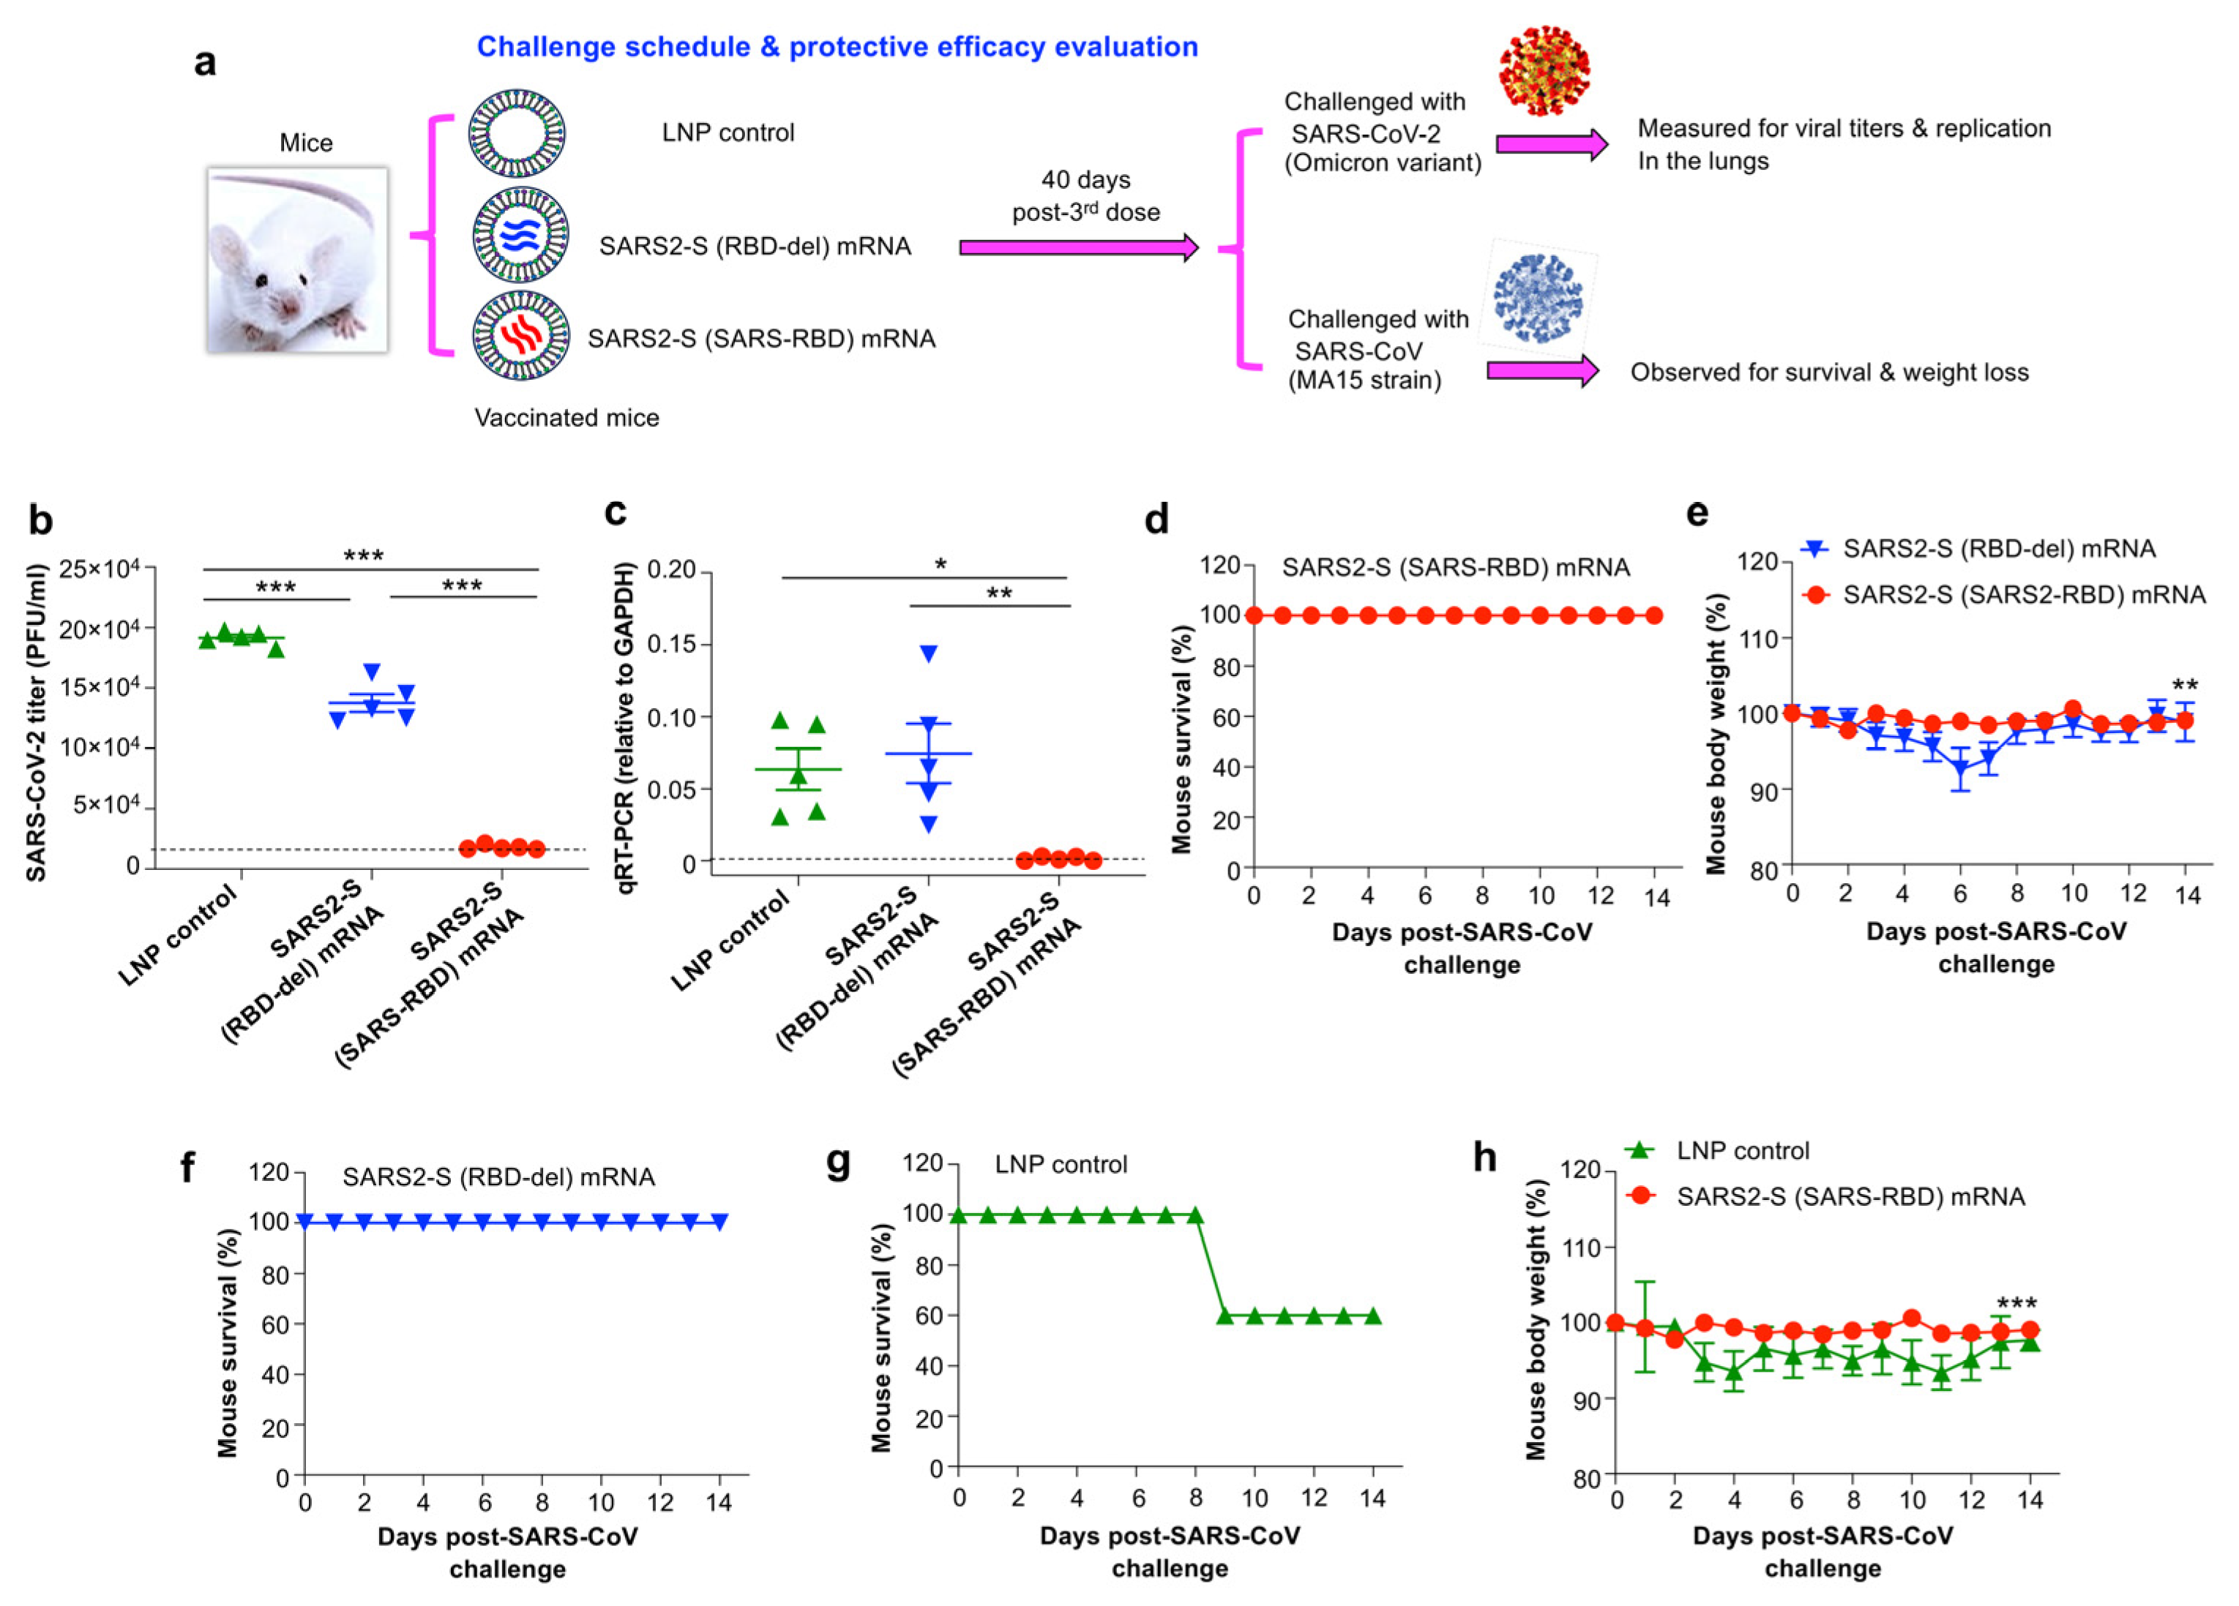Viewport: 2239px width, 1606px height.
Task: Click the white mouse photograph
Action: [x=297, y=260]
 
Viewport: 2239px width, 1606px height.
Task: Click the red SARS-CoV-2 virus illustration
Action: [x=1545, y=71]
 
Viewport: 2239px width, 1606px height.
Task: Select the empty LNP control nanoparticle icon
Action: [x=517, y=133]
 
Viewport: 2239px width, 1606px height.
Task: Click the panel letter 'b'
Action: [x=40, y=520]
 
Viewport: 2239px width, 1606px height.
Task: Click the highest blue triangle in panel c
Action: [x=928, y=653]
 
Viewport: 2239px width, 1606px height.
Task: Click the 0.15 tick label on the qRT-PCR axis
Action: [x=671, y=645]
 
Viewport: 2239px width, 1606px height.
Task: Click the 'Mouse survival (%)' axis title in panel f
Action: [x=228, y=1343]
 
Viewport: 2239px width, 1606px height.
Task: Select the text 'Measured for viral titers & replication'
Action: [x=1844, y=128]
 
